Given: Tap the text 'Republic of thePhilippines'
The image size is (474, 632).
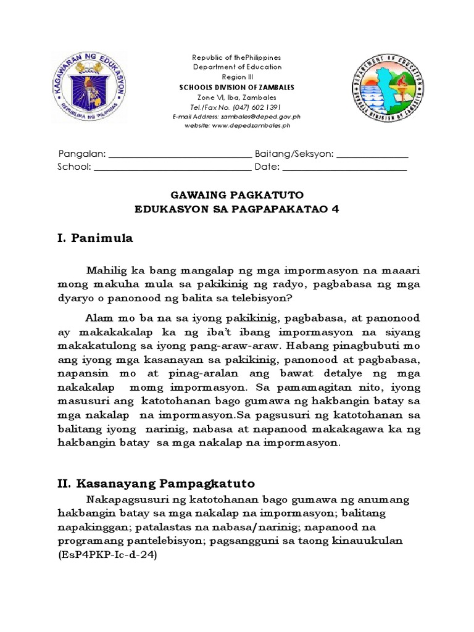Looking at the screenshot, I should pyautogui.click(x=237, y=57).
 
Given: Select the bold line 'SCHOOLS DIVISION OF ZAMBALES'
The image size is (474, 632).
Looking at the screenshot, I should pyautogui.click(x=237, y=88).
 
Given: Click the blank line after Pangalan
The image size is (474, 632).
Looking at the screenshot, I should pyautogui.click(x=180, y=155).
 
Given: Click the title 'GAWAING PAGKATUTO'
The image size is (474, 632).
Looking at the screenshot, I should pyautogui.click(x=237, y=195).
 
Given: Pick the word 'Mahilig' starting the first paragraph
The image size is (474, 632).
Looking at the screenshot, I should pyautogui.click(x=106, y=270).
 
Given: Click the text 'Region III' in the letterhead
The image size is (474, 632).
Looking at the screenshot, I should pyautogui.click(x=237, y=77).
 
